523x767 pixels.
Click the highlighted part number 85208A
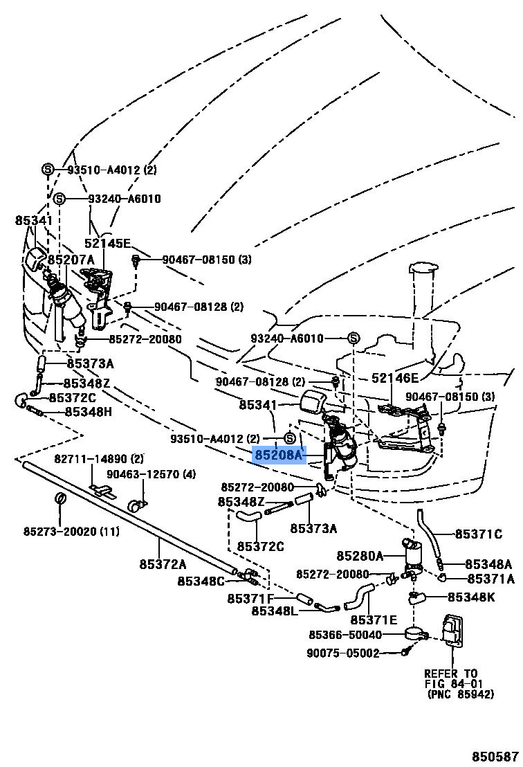click(279, 455)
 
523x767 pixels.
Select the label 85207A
click(71, 259)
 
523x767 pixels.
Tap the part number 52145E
click(107, 243)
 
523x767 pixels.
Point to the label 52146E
click(395, 377)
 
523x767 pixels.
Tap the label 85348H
click(89, 411)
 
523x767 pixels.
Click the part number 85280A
click(360, 556)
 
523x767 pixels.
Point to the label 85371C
click(478, 534)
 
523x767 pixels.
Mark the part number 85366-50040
click(345, 634)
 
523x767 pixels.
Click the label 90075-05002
click(343, 652)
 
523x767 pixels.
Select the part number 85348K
click(471, 596)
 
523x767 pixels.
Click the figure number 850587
click(495, 757)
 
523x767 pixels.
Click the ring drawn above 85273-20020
click(60, 499)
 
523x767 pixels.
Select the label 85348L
click(274, 611)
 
